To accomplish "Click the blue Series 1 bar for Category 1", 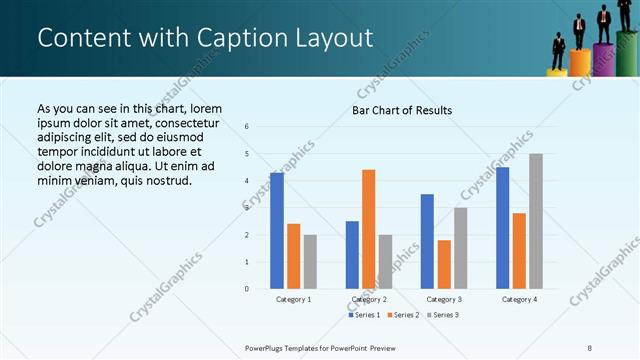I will tap(277, 231).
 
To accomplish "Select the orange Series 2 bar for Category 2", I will tap(368, 229).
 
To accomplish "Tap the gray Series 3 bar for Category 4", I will tap(536, 221).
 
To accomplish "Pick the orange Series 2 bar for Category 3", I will tap(444, 264).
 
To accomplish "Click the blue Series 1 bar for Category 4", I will tap(502, 228).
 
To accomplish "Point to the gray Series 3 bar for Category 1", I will tap(310, 262).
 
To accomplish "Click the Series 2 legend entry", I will tap(402, 315).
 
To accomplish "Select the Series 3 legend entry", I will tap(442, 315).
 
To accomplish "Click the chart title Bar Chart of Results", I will tap(402, 109).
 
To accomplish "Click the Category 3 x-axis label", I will tap(444, 299).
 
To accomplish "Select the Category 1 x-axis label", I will tap(293, 299).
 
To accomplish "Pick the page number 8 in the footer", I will tap(590, 346).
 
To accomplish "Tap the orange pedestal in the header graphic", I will tap(580, 63).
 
